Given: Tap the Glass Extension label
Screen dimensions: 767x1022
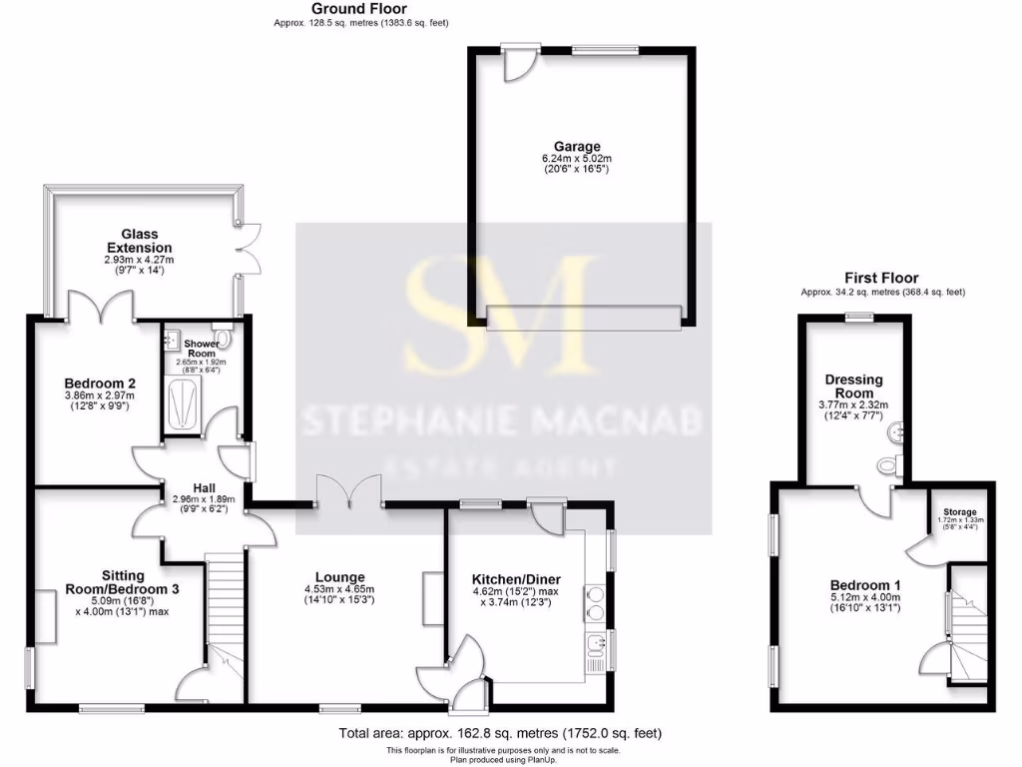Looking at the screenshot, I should pyautogui.click(x=140, y=240).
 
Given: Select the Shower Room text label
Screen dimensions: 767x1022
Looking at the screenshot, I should pyautogui.click(x=202, y=349).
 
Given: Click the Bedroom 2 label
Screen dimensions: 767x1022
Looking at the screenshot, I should pyautogui.click(x=100, y=383).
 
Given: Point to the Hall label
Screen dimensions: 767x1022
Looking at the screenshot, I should pyautogui.click(x=202, y=486).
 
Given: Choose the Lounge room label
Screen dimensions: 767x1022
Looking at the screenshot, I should pyautogui.click(x=339, y=577).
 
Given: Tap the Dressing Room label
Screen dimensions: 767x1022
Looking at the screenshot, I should pyautogui.click(x=849, y=385).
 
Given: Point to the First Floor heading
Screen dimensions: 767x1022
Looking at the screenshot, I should pyautogui.click(x=880, y=278).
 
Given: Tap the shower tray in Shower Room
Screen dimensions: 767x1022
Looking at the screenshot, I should pyautogui.click(x=184, y=404).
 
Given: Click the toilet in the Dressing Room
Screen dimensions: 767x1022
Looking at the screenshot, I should pyautogui.click(x=892, y=462).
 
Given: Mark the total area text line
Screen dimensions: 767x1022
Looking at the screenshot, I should pyautogui.click(x=500, y=734).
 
